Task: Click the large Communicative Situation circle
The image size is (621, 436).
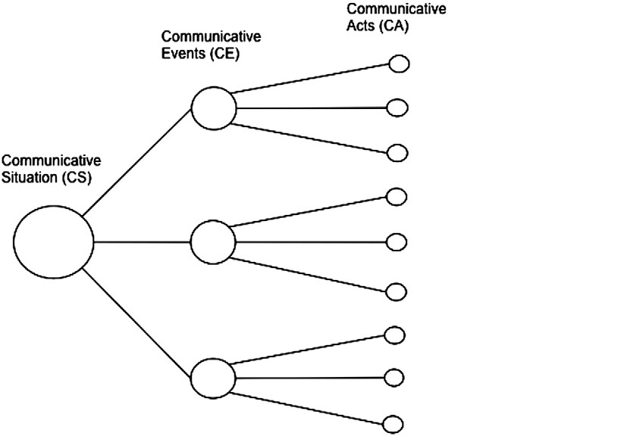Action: [x=54, y=241]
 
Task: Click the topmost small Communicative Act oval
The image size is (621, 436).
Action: [x=398, y=64]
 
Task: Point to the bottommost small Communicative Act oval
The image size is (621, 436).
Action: [x=394, y=424]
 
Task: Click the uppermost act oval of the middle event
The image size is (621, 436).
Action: [x=397, y=197]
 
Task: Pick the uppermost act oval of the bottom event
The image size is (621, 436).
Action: [x=395, y=334]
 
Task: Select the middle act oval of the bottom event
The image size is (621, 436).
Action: [x=395, y=376]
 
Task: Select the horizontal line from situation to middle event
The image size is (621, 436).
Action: [x=142, y=241]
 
